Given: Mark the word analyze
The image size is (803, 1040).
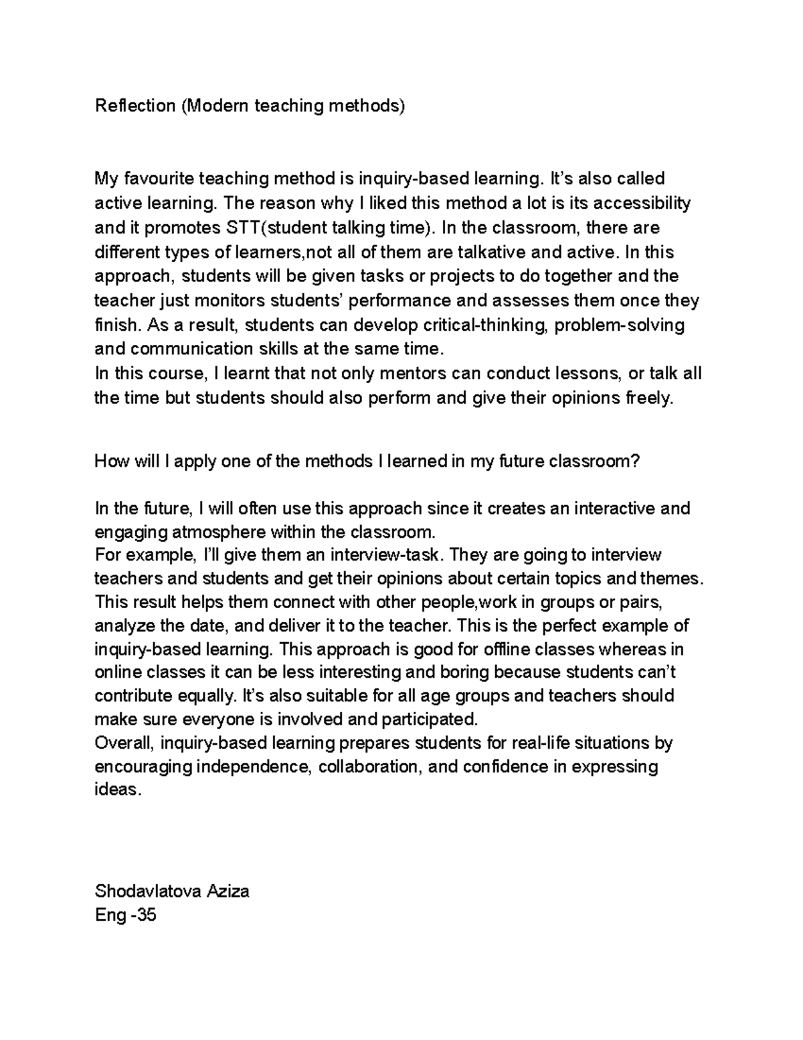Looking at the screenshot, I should [x=125, y=626].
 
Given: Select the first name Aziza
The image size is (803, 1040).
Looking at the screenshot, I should [x=228, y=891].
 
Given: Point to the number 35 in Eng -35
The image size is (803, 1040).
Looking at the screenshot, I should [x=145, y=915].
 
